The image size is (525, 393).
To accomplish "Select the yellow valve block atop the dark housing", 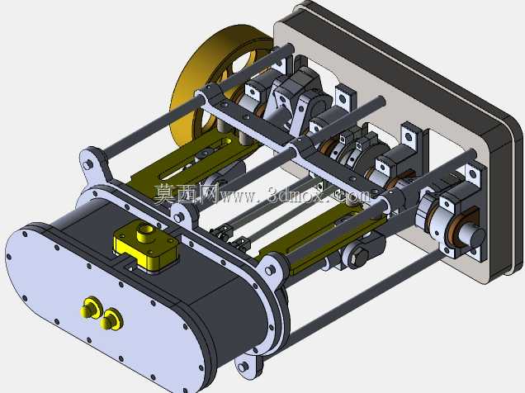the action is tap(146, 247).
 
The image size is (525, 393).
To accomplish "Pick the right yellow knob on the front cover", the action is tap(111, 320).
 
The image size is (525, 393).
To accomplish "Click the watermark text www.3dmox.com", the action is tap(295, 196).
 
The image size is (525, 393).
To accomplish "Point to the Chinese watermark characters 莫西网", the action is tap(187, 193).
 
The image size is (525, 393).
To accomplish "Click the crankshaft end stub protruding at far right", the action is tap(473, 235).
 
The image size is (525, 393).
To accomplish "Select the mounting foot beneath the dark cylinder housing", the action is tap(247, 366).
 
